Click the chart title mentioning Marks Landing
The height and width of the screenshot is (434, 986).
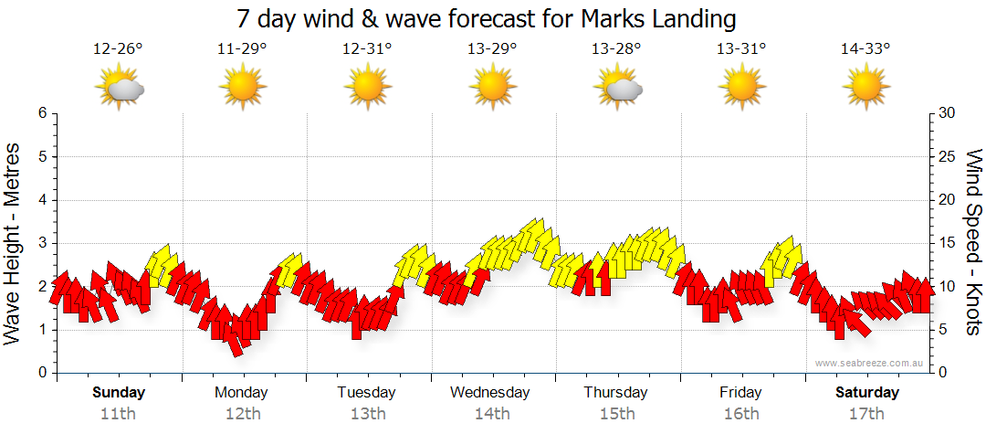click(486, 18)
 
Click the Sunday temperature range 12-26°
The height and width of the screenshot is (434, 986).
click(118, 49)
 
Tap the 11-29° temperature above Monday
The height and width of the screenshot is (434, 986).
click(242, 49)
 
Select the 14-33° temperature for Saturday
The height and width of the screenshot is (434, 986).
click(865, 49)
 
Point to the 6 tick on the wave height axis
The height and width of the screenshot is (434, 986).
click(41, 113)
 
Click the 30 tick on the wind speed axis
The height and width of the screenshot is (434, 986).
click(948, 113)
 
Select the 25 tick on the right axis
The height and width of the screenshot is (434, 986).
click(948, 156)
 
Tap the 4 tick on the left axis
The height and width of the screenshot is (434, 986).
click(41, 200)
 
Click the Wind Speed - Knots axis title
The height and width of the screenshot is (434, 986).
click(972, 242)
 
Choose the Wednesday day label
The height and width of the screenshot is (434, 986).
click(490, 393)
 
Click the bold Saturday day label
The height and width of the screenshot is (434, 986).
click(867, 393)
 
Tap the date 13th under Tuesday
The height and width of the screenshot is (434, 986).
click(366, 414)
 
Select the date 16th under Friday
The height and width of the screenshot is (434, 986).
click(740, 414)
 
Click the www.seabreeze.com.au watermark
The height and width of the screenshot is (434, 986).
click(870, 364)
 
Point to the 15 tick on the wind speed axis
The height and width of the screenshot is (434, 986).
click(948, 243)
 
